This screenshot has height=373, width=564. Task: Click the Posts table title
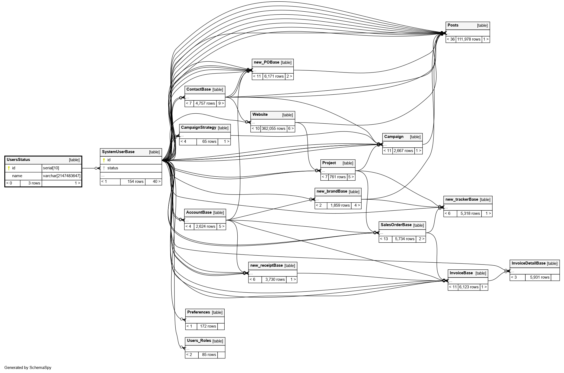pyautogui.click(x=453, y=25)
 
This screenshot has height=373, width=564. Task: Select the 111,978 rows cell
pyautogui.click(x=468, y=39)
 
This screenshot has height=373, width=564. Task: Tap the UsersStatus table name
pyautogui.click(x=18, y=160)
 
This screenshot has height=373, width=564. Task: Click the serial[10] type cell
pyautogui.click(x=51, y=168)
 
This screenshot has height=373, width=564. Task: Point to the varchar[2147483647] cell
pyautogui.click(x=61, y=176)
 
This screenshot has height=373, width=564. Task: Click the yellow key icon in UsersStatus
pyautogui.click(x=9, y=168)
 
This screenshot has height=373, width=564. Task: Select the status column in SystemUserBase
pyautogui.click(x=113, y=168)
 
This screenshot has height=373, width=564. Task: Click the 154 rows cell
pyautogui.click(x=135, y=181)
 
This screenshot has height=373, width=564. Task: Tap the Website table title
pyautogui.click(x=260, y=114)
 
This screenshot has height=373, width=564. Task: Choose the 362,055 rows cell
pyautogui.click(x=273, y=128)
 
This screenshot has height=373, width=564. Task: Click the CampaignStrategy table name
pyautogui.click(x=198, y=127)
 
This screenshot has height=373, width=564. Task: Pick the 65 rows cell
pyautogui.click(x=209, y=141)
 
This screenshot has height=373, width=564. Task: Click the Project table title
pyautogui.click(x=329, y=163)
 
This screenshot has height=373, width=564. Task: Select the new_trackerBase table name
pyautogui.click(x=461, y=199)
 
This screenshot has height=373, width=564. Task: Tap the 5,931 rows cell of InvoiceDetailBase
pyautogui.click(x=539, y=277)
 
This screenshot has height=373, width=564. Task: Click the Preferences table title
pyautogui.click(x=198, y=312)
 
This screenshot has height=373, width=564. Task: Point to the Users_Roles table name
pyautogui.click(x=199, y=341)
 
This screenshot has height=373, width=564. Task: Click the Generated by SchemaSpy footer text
pyautogui.click(x=28, y=368)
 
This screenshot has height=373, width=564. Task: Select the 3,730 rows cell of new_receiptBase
pyautogui.click(x=275, y=279)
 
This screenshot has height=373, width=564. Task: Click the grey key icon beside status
pyautogui.click(x=104, y=168)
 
